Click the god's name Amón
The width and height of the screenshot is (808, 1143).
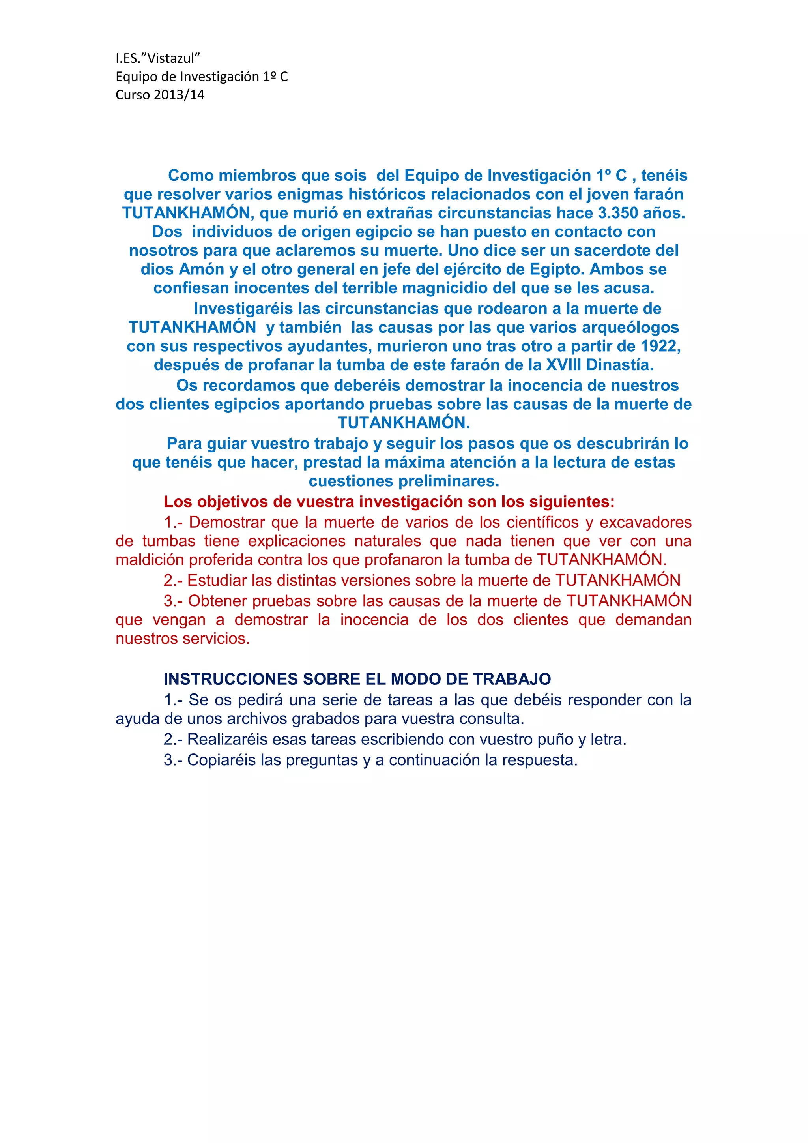[x=202, y=269]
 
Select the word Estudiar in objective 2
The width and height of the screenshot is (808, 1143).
[x=217, y=581]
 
